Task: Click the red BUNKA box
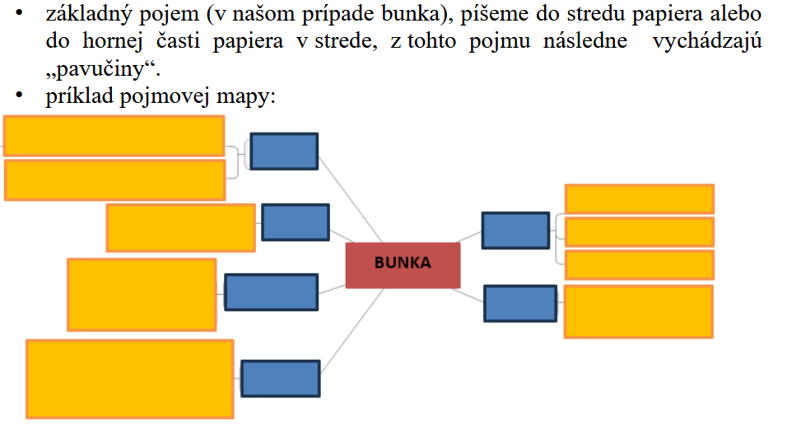click(403, 265)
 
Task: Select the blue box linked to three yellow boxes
click(515, 231)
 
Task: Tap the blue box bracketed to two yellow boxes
click(284, 151)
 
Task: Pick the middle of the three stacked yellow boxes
click(639, 231)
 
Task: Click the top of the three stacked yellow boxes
click(639, 199)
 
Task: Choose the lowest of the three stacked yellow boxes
click(639, 264)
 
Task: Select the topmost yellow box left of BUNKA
click(114, 136)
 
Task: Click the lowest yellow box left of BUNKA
click(130, 379)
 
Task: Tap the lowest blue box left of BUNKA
click(280, 379)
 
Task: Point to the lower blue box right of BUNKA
click(519, 303)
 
